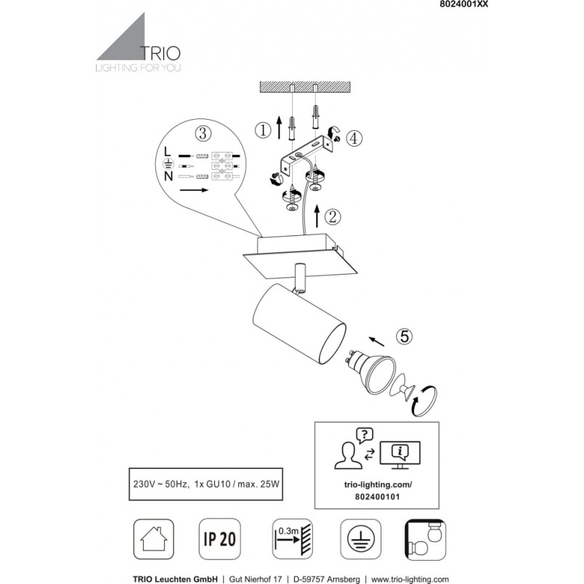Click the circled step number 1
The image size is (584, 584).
(x=263, y=131)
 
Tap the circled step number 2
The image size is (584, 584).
(x=332, y=216)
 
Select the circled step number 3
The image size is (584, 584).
(x=203, y=133)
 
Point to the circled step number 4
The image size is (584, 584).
(x=354, y=138)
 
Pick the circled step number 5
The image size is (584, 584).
(x=405, y=336)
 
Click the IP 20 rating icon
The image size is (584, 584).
(x=219, y=539)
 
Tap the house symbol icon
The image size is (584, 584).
(x=153, y=539)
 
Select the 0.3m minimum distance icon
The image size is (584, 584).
(x=292, y=539)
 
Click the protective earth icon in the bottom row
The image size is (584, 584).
(x=360, y=539)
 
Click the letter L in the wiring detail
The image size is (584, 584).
(x=167, y=151)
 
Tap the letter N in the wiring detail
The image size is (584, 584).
(x=169, y=176)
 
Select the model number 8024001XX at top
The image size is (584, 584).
(x=463, y=4)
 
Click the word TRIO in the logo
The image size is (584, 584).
(x=160, y=54)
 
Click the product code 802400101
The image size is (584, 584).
(x=377, y=497)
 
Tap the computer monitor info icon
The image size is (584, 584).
(x=400, y=455)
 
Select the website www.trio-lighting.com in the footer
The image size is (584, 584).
(x=410, y=580)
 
